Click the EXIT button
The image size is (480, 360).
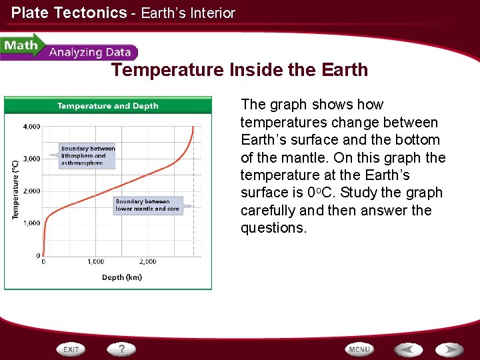[72, 349]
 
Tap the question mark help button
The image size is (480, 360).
[122, 349]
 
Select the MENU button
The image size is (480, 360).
[359, 349]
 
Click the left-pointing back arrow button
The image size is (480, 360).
[408, 349]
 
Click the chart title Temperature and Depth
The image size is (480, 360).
[108, 106]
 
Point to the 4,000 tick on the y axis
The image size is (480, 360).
[31, 126]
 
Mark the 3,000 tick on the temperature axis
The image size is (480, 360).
[31, 159]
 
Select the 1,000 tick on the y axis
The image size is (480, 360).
[31, 223]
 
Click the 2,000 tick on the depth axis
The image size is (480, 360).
[147, 262]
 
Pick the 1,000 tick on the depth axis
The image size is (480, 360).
[95, 262]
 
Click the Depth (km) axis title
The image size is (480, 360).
[121, 277]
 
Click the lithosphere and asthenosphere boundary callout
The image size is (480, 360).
[88, 156]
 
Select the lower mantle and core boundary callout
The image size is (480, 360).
[147, 205]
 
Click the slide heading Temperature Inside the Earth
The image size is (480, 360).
[239, 70]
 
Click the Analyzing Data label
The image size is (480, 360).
[90, 53]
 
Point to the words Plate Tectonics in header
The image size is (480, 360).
[69, 13]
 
